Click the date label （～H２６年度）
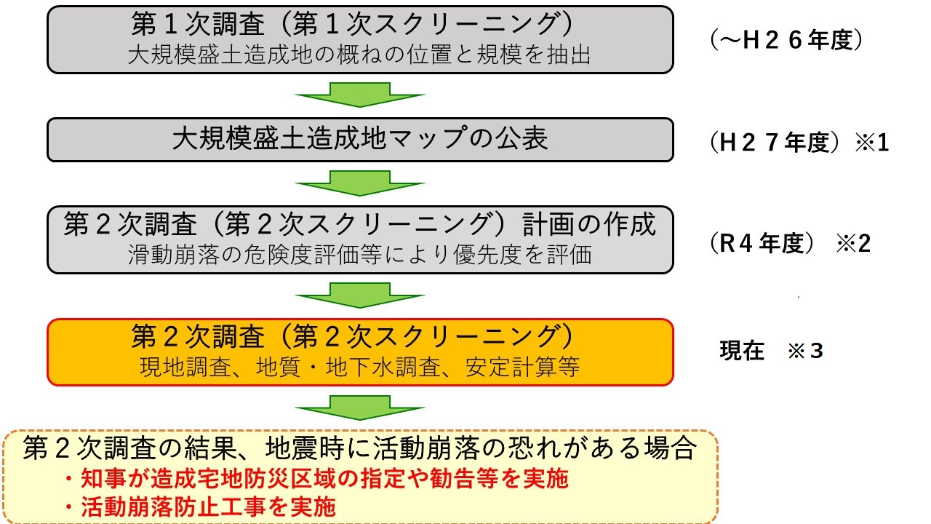[x=787, y=40]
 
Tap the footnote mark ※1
[x=871, y=142]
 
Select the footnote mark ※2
[x=853, y=243]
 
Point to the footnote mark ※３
[x=805, y=351]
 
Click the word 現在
[x=742, y=351]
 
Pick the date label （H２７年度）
[x=775, y=142]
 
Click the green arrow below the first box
[x=360, y=95]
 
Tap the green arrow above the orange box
[x=360, y=295]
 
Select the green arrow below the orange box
[x=360, y=408]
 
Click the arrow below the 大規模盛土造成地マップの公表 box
[x=360, y=183]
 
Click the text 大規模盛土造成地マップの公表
[x=360, y=138]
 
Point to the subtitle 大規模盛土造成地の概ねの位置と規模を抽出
[x=359, y=55]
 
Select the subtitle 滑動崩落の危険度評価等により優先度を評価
[x=360, y=255]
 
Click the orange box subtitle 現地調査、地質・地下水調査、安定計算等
[x=360, y=367]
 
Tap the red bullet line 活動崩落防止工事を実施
[x=200, y=506]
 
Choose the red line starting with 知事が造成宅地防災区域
[x=316, y=478]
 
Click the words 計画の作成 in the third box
[x=589, y=224]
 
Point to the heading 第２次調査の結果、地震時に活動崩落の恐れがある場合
[x=360, y=448]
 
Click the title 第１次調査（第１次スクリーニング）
[x=353, y=24]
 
